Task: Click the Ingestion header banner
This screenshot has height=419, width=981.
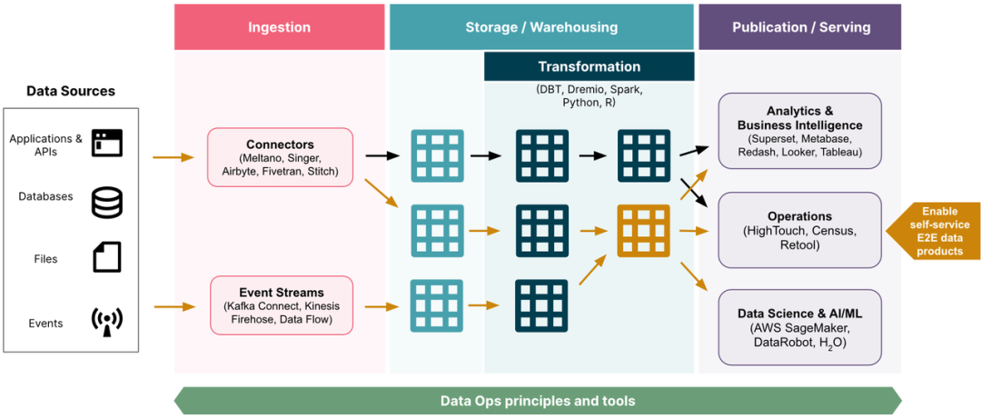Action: (279, 27)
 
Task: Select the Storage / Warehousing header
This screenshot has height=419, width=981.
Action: (541, 27)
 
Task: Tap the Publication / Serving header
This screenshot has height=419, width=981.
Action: (799, 27)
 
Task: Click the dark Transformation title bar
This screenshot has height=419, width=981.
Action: (589, 66)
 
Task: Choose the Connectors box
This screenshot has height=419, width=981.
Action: (280, 157)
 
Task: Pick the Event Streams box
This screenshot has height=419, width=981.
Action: (281, 305)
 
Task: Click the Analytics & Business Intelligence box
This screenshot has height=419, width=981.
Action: (799, 131)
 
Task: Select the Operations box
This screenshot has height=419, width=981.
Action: (799, 230)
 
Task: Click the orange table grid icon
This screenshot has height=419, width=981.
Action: (643, 231)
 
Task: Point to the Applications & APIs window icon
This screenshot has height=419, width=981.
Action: (106, 143)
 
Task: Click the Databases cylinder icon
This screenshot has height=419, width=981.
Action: (106, 201)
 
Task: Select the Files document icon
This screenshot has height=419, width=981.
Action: (106, 258)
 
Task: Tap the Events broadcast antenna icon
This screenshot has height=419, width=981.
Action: (106, 321)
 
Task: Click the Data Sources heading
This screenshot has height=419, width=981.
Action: (71, 91)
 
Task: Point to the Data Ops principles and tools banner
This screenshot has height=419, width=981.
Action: (537, 401)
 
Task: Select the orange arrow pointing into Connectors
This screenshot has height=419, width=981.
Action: (173, 157)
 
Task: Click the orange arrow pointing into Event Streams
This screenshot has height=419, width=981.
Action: (173, 306)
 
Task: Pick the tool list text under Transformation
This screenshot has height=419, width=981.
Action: (589, 96)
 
